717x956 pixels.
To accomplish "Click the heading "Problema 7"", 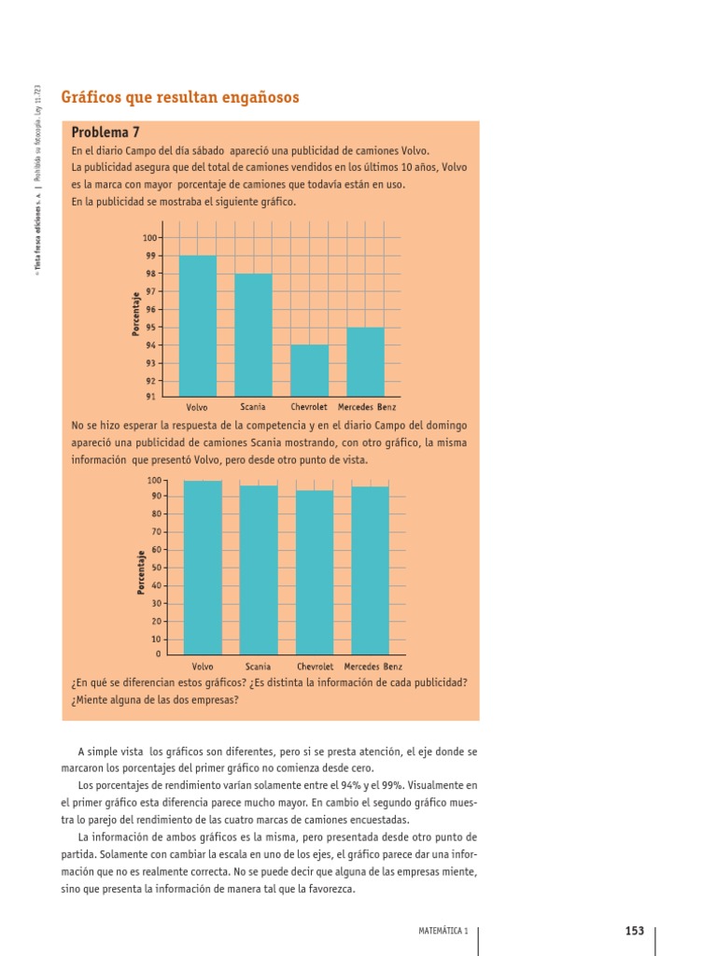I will click(105, 133).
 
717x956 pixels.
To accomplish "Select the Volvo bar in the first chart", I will click(197, 326).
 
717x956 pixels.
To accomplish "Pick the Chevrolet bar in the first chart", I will click(309, 371).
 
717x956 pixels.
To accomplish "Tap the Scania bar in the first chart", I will click(253, 335).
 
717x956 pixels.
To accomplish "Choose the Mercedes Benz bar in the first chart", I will click(365, 361).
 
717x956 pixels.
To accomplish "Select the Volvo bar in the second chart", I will click(203, 567).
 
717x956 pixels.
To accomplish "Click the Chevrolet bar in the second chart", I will click(315, 571).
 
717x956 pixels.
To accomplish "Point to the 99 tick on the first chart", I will click(150, 256).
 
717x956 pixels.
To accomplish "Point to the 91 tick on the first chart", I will click(150, 397).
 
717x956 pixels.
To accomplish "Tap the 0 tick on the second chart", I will click(158, 654).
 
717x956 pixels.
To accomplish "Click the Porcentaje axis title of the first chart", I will click(136, 318).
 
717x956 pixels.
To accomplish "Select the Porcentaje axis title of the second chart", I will click(140, 571).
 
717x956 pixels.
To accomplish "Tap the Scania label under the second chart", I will click(259, 668).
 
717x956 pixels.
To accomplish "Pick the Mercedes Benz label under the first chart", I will click(367, 408).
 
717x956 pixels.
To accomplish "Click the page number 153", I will click(635, 930).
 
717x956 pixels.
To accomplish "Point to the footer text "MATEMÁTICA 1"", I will click(443, 931).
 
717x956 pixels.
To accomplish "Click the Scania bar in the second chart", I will click(259, 569).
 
